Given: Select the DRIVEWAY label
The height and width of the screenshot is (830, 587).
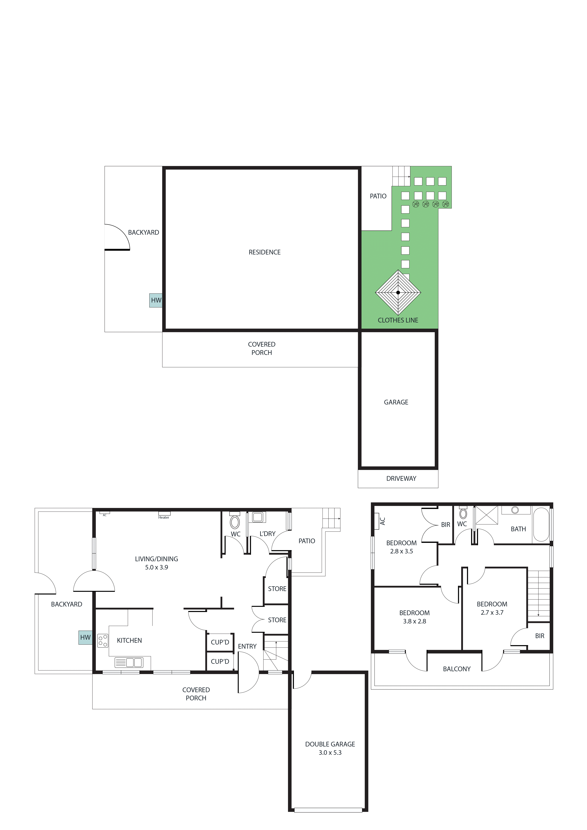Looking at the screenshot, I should tap(401, 478).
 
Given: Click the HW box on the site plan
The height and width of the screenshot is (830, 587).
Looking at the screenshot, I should tap(156, 300).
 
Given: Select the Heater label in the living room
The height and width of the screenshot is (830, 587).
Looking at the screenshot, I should tap(164, 517).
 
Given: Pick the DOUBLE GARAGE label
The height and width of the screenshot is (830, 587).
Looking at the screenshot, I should tap(330, 744).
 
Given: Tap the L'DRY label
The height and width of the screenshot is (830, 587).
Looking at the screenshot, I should tap(267, 534).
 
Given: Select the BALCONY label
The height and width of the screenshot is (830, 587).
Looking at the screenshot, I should tap(456, 669).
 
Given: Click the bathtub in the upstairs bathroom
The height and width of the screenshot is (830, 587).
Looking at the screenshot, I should tap(541, 525).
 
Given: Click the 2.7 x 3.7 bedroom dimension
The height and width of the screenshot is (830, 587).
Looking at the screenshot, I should tap(492, 612).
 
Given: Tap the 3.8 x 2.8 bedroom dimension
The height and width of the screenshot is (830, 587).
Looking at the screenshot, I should tap(414, 621).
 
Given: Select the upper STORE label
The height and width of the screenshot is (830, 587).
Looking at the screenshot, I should tap(277, 589).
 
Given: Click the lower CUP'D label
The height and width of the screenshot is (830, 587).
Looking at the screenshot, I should tap(220, 661).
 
